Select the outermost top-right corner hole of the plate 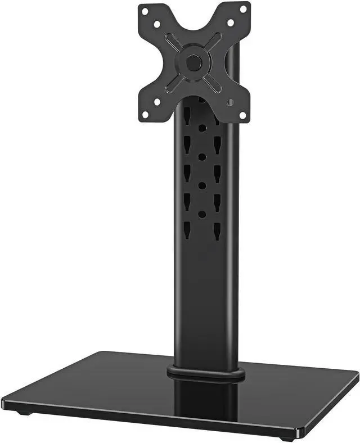pyautogui.click(x=243, y=9)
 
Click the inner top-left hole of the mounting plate pyautogui.click(x=158, y=24)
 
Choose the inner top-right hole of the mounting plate pyautogui.click(x=230, y=23)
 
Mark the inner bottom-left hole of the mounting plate pyautogui.click(x=158, y=101)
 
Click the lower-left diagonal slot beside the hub pyautogui.click(x=174, y=80)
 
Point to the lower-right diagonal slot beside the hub pyautogui.click(x=212, y=80)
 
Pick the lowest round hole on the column pyautogui.click(x=201, y=214)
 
